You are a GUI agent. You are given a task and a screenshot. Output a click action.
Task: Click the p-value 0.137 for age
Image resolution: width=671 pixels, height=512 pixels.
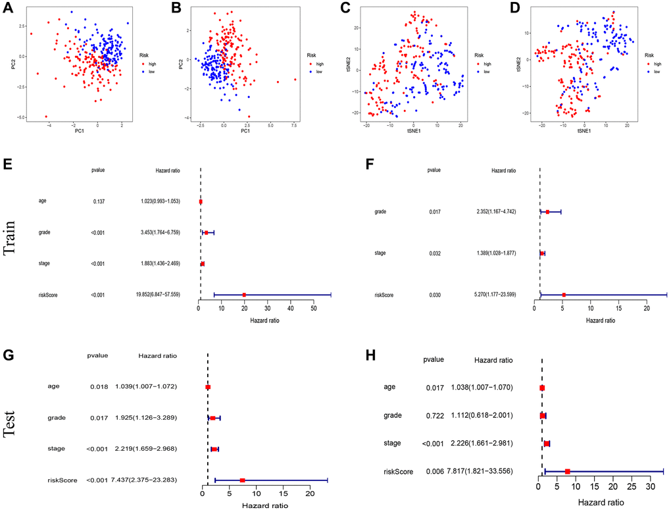[100, 201]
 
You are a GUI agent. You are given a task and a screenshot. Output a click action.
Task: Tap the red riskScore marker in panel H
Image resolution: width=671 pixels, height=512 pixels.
[567, 471]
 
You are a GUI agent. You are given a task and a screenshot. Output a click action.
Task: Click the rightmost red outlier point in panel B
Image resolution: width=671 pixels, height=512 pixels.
[295, 80]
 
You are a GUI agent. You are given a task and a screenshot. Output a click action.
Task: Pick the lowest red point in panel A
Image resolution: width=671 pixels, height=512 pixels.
[46, 116]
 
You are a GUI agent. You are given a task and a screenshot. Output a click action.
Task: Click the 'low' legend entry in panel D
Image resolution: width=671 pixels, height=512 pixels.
[653, 71]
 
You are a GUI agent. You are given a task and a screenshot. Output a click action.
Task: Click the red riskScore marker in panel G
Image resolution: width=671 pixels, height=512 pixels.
[242, 480]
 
